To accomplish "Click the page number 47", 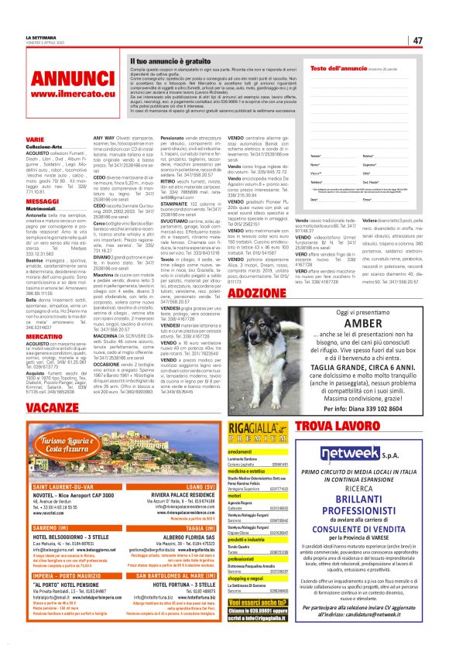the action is pos(417,40).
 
